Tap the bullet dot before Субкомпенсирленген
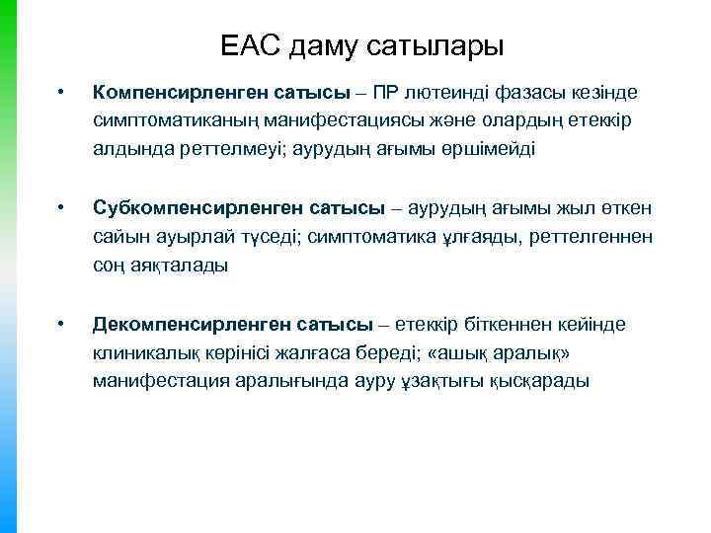pos(61,208)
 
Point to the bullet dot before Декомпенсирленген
pos(61,325)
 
